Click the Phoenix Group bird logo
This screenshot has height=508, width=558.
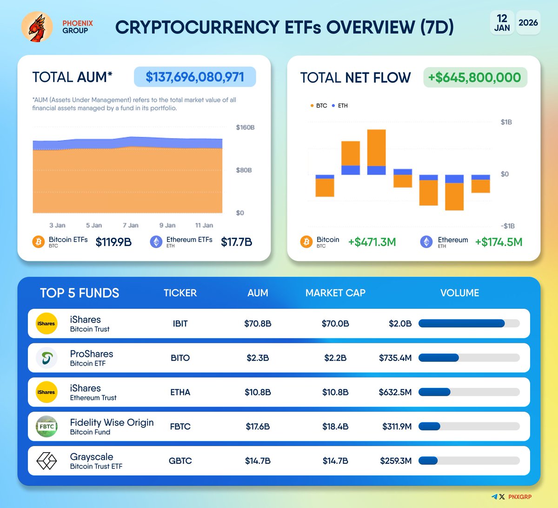tap(37, 27)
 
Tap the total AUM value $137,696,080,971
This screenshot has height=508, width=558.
tap(195, 77)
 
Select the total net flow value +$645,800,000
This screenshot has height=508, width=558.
tap(475, 77)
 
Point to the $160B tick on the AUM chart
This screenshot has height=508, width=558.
tap(245, 127)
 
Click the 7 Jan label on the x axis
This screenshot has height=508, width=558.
tap(131, 225)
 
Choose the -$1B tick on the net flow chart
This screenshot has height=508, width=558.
tap(507, 226)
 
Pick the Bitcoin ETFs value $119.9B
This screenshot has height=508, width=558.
tap(113, 242)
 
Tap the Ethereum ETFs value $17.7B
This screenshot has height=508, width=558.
tap(236, 242)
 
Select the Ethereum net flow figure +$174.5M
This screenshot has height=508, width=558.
tap(498, 242)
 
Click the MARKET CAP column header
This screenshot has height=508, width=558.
tap(335, 293)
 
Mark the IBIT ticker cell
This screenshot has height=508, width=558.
tap(180, 324)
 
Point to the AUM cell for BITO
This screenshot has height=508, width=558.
tap(258, 358)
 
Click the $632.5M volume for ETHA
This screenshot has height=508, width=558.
tap(395, 392)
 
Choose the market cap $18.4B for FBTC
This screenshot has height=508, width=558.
tap(335, 427)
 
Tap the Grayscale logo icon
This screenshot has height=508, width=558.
tap(46, 461)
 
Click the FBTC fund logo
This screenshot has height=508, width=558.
tap(46, 427)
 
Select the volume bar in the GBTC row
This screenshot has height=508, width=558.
tap(469, 461)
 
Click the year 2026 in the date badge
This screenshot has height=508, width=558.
tap(528, 23)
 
